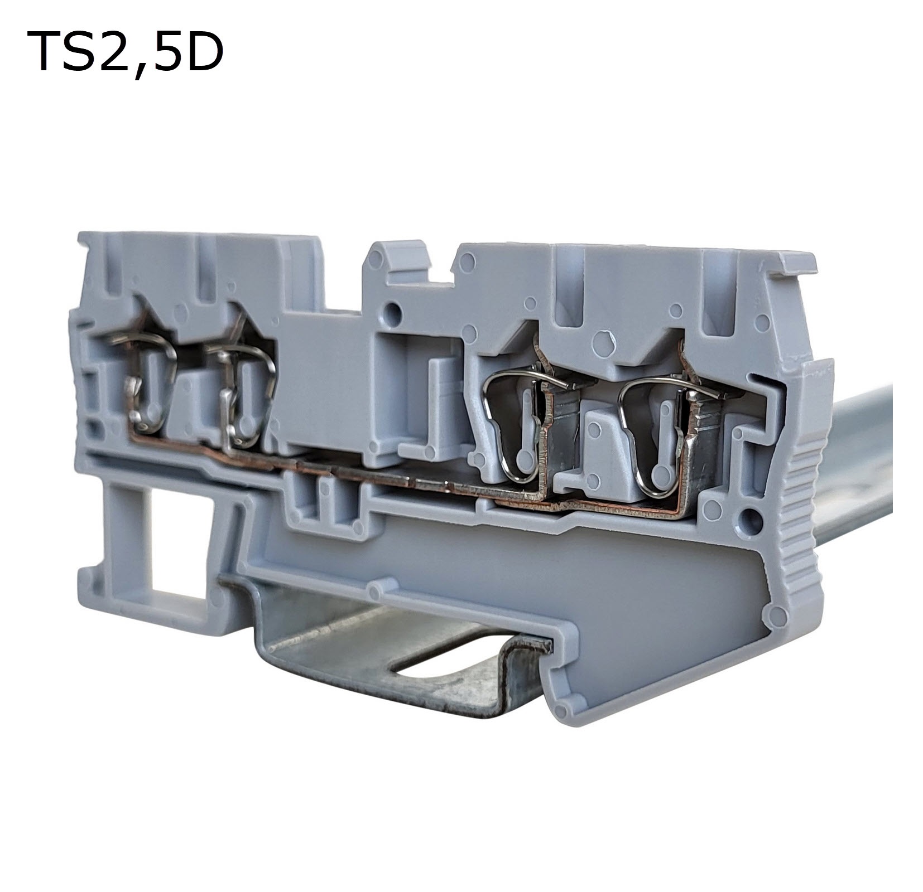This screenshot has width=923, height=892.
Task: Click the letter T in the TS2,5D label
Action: [46, 52]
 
